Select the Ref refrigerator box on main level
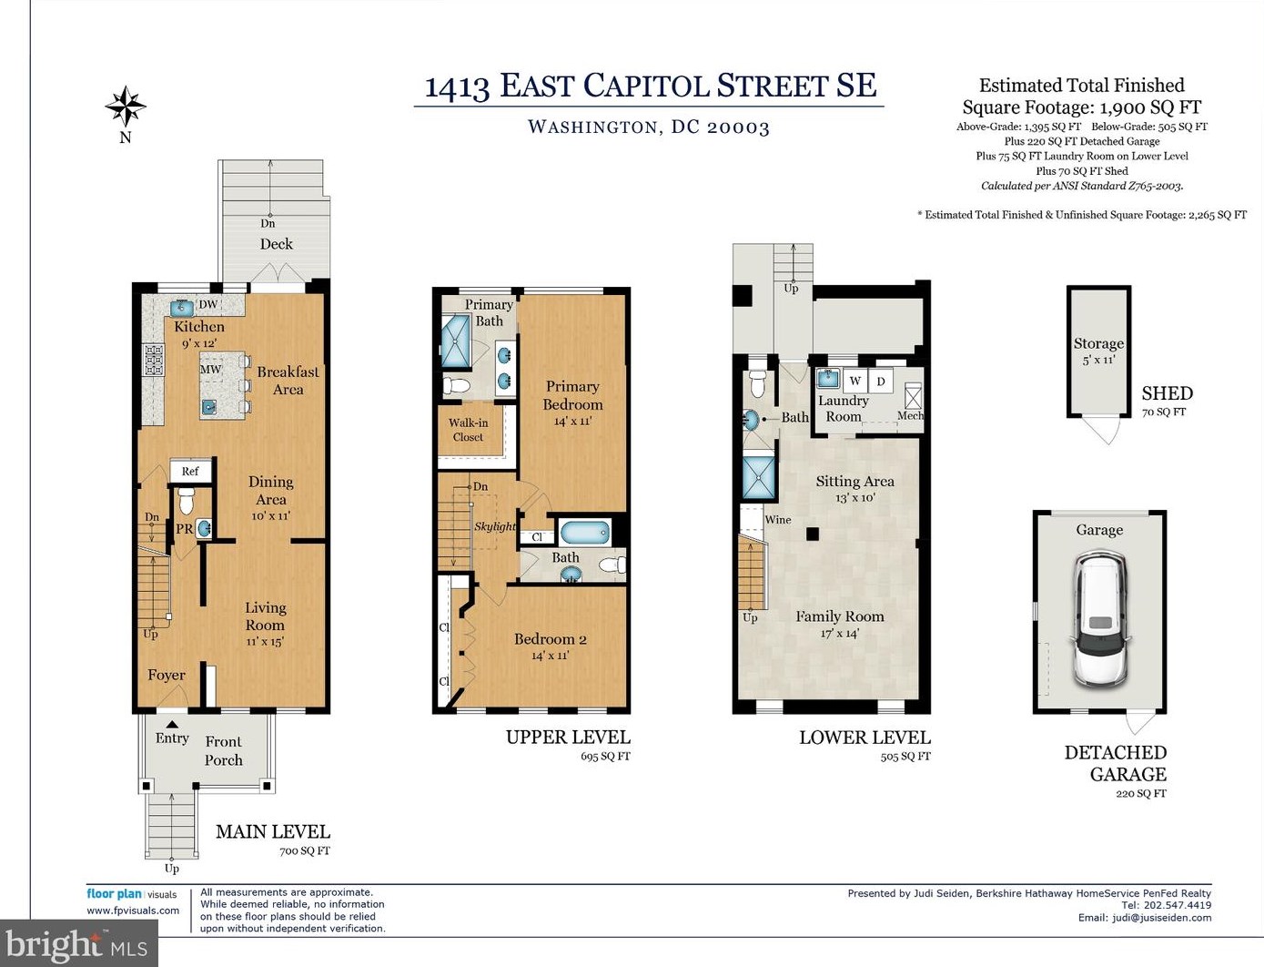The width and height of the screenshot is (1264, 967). [x=190, y=471]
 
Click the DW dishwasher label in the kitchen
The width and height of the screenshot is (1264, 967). [x=208, y=305]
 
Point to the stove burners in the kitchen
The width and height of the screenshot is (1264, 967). [x=153, y=360]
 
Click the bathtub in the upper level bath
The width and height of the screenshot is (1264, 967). [x=583, y=532]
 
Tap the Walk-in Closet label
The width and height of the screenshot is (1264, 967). [x=469, y=430]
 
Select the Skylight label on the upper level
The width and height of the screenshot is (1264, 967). [x=494, y=526]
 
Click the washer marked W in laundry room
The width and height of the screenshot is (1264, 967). [x=855, y=382]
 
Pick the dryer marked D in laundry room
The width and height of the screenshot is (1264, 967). [x=881, y=382]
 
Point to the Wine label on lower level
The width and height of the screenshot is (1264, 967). [x=778, y=520]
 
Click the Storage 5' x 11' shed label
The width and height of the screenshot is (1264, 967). [x=1098, y=351]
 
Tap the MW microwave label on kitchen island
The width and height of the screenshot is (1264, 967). [x=210, y=370]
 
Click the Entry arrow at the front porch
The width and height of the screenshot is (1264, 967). [x=172, y=725]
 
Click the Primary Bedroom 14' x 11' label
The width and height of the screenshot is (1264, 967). [x=572, y=402]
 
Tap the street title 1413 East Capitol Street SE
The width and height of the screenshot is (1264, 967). [x=650, y=86]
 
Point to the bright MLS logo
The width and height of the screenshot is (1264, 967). [x=78, y=945]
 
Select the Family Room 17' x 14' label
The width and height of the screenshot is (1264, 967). [x=839, y=624]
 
